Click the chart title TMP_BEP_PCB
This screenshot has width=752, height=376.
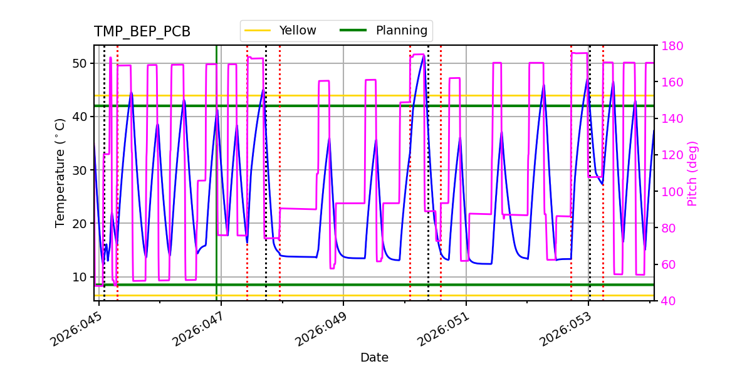[142, 32]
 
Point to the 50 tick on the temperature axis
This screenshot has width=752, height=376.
[79, 63]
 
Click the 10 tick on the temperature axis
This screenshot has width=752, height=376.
[79, 277]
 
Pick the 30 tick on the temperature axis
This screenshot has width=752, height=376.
[79, 170]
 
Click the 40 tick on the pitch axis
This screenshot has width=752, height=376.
[668, 301]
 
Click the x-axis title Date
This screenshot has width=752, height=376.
[374, 358]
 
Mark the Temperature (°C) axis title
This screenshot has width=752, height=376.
[60, 172]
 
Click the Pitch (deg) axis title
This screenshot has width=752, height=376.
[692, 173]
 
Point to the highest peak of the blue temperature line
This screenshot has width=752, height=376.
[424, 56]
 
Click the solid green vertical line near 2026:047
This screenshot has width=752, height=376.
[216, 188]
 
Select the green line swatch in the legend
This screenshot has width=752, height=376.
[353, 31]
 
